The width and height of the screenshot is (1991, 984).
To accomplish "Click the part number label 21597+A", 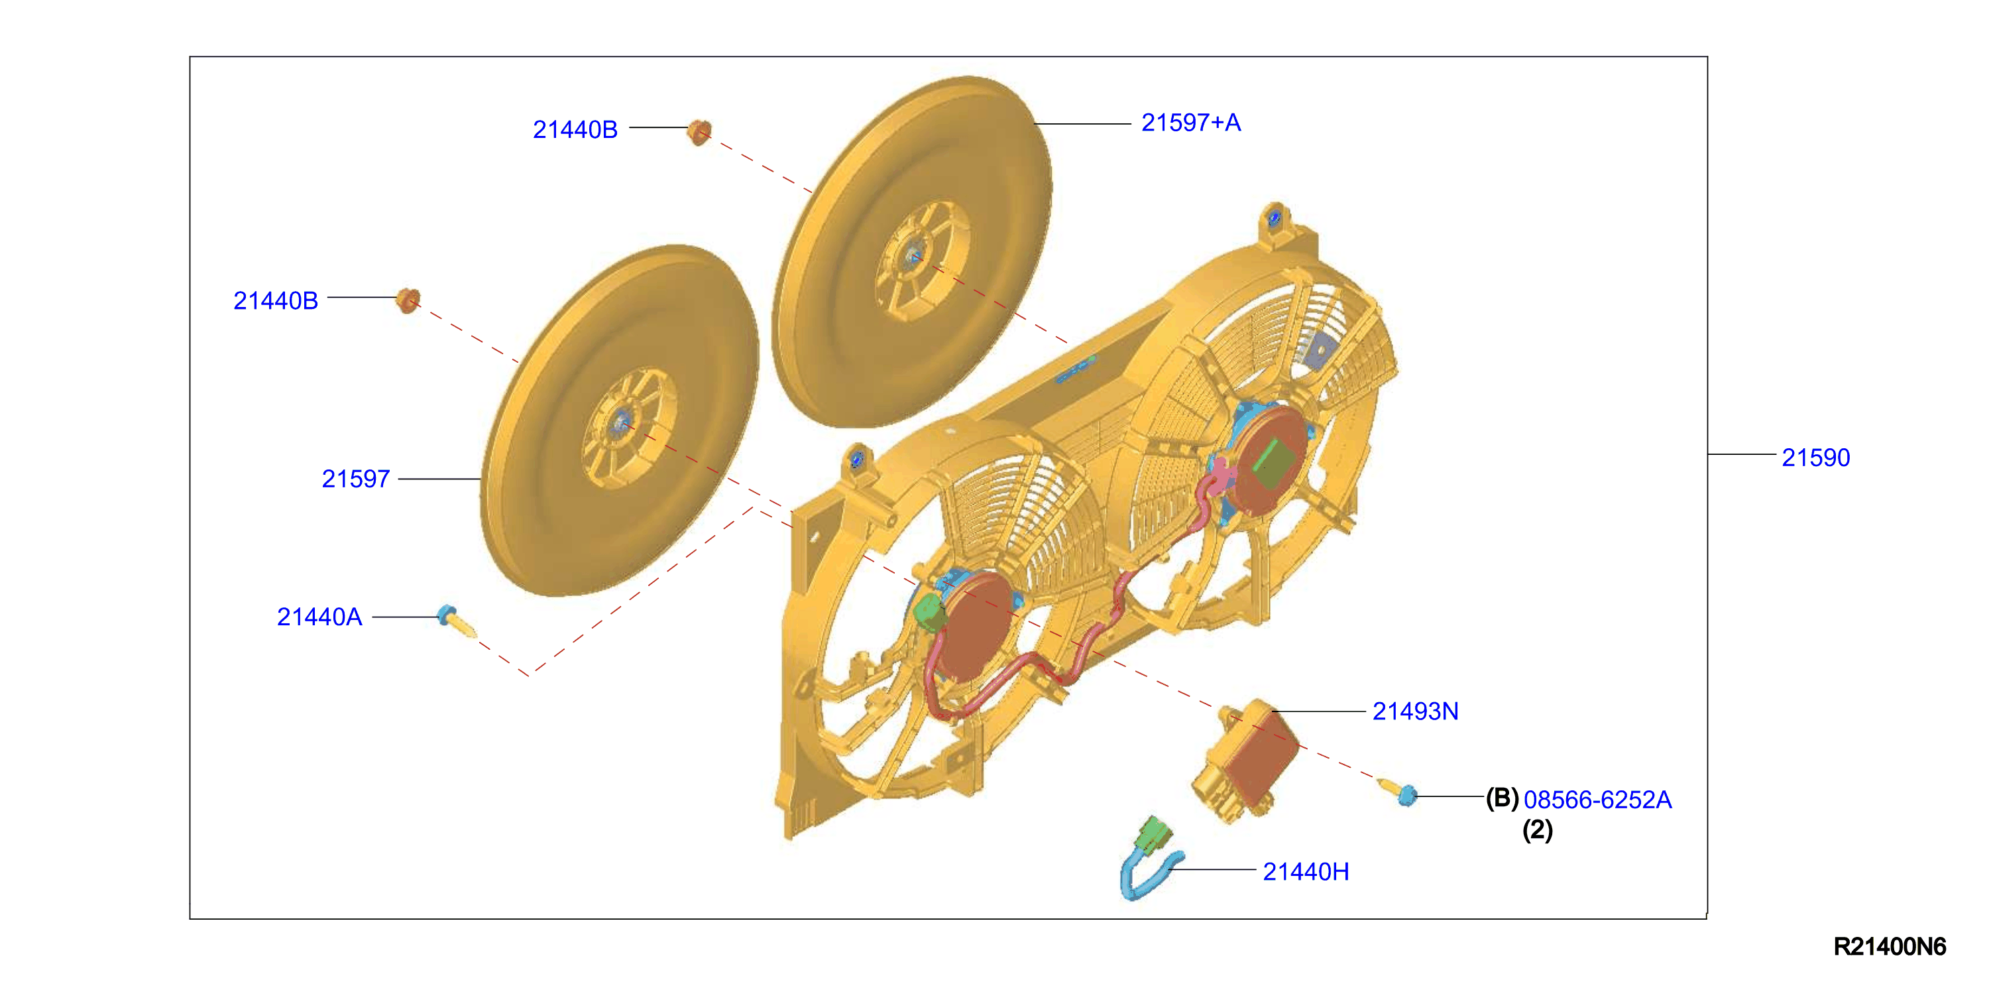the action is click(1190, 123).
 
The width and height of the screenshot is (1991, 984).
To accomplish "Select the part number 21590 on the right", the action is click(1815, 458).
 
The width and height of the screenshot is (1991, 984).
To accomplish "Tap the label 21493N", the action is click(1415, 711).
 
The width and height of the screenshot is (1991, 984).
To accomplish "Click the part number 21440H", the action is click(1306, 872).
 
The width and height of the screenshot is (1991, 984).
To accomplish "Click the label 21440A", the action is click(319, 617).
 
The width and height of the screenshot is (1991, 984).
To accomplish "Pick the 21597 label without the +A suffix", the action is click(355, 479).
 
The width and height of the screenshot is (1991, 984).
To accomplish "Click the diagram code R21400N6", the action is click(1890, 947).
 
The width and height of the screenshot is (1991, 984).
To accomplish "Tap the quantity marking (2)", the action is click(1537, 830).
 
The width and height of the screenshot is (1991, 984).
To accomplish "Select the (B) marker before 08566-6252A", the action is click(1502, 798).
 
